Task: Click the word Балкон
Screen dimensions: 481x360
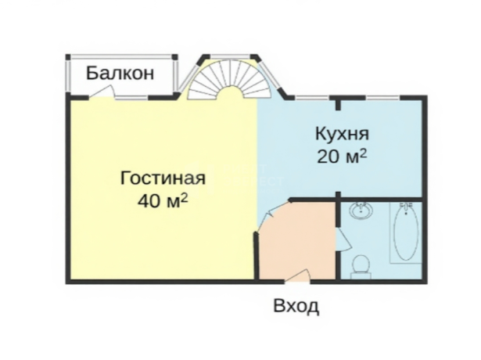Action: coord(120,74)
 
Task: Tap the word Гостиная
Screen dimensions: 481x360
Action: coord(163,178)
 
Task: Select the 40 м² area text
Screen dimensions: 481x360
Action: coord(163,201)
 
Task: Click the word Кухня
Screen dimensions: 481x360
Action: coord(342,135)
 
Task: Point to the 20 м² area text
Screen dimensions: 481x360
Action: coord(342,157)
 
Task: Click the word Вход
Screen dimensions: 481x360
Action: coord(296,306)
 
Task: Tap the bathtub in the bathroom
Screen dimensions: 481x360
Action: coord(406,232)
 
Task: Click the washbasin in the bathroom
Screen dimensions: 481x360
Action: coord(361,211)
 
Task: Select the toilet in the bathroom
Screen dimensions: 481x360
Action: coord(361,266)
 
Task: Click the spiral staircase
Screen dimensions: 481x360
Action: coord(229,79)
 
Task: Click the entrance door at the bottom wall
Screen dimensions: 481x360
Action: coord(297,275)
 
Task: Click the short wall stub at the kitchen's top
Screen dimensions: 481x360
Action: coord(338,104)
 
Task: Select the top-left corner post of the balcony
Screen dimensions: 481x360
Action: coord(68,57)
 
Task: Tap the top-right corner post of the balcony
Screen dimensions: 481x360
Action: coord(174,57)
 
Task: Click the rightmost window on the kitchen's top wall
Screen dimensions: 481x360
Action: coord(382,98)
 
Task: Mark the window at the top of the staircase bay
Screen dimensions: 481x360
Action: coord(231,56)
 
